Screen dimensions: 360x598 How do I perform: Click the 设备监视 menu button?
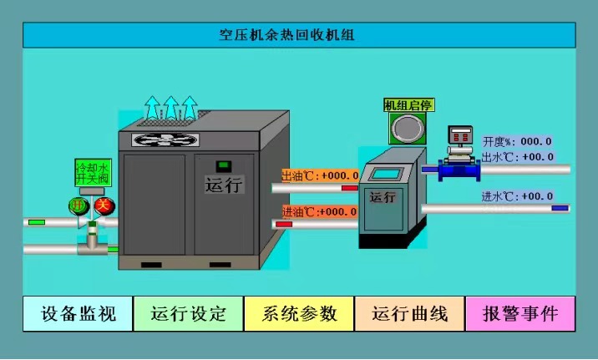78,314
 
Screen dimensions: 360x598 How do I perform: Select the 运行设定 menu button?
188,314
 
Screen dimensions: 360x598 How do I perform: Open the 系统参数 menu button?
299,314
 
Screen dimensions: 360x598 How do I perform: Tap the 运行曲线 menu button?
409,314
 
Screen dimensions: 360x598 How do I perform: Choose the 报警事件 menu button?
519,314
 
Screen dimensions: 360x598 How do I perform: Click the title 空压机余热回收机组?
298,35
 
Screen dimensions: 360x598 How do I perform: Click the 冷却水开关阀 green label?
92,173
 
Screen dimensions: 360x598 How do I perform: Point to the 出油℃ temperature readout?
320,175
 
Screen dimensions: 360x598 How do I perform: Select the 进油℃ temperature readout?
320,211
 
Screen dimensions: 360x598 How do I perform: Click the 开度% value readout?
518,141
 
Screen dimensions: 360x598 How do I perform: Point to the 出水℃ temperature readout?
518,156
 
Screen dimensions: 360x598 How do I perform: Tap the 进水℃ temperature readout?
518,196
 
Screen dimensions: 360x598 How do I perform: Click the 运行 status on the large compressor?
223,185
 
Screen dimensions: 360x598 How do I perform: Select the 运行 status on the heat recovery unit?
383,198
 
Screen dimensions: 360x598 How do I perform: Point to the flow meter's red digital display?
459,135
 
